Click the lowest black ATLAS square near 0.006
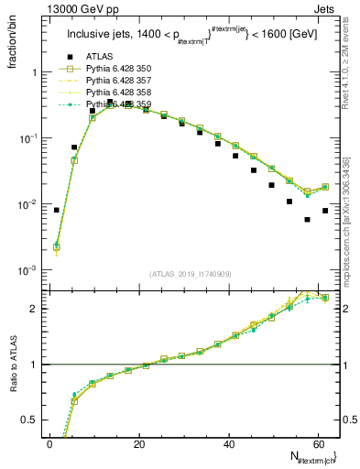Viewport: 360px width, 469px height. pyautogui.click(x=307, y=220)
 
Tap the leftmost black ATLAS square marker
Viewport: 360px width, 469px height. pyautogui.click(x=57, y=210)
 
